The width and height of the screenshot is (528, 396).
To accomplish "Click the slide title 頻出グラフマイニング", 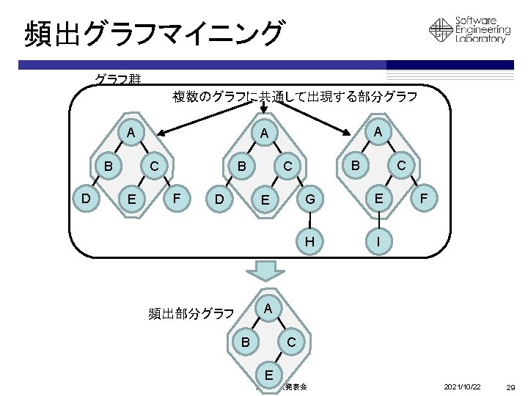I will tap(153, 33).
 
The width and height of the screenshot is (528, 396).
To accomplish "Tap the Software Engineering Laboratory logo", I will tap(469, 30).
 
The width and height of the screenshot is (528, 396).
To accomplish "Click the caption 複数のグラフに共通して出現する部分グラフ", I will tap(295, 97).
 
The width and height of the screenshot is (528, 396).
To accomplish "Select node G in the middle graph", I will tap(310, 198).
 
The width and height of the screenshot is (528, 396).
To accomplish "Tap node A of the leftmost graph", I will tap(130, 133).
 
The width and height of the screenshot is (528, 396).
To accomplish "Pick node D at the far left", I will tap(86, 197).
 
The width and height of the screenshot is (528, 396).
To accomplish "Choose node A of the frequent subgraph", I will tap(268, 309).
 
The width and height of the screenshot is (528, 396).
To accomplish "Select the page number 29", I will tap(512, 386).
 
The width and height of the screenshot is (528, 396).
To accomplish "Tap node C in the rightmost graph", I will tap(400, 166).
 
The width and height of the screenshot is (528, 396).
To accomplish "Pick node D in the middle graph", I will tap(218, 199).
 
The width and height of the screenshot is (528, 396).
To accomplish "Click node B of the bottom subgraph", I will tap(246, 342).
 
